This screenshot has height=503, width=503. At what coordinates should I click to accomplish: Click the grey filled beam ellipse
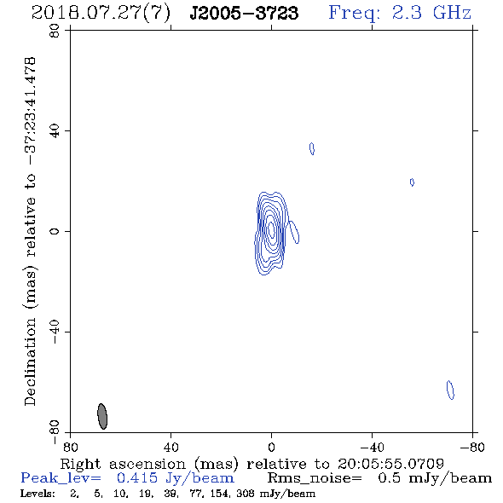(x=102, y=416)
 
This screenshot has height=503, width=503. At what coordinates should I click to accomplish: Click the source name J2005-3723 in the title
(x=244, y=13)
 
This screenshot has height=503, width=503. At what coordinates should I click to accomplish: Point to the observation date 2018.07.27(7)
(x=101, y=14)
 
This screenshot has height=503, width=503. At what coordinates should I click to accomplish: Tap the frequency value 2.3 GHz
(x=431, y=13)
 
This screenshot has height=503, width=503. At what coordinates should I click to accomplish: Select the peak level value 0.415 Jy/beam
(x=176, y=478)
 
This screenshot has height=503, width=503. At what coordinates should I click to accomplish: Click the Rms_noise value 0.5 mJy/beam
(x=435, y=478)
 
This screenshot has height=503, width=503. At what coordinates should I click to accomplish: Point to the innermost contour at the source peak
(x=271, y=229)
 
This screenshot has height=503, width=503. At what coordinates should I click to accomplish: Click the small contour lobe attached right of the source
(x=294, y=232)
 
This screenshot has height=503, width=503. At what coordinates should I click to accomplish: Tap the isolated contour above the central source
(x=312, y=149)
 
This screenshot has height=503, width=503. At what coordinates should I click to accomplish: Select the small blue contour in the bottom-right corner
(x=450, y=390)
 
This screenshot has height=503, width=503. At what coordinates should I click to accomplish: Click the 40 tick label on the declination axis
(x=55, y=131)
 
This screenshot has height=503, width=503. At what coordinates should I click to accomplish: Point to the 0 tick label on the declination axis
(x=55, y=231)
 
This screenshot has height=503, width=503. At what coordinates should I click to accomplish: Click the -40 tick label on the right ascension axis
(x=372, y=447)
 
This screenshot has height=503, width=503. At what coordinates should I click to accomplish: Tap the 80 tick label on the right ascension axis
(x=70, y=447)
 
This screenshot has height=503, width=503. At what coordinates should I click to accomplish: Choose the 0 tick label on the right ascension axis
(x=271, y=447)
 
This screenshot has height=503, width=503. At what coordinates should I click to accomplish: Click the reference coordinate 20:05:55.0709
(x=390, y=464)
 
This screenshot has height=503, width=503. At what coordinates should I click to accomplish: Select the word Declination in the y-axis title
(x=30, y=361)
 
